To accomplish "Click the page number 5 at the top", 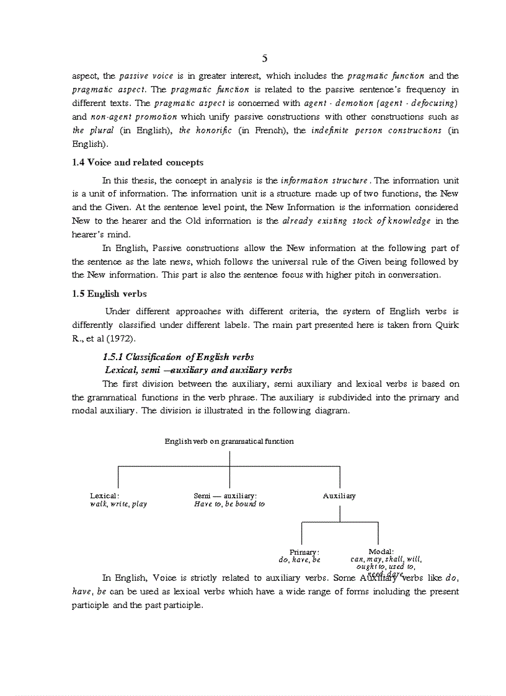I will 265,58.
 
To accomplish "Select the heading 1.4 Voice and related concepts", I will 138,162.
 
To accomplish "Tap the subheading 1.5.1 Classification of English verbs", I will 178,357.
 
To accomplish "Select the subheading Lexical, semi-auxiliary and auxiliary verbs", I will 198,370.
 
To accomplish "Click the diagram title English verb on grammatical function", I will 229,441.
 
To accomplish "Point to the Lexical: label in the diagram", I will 105,496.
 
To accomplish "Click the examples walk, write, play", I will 118,504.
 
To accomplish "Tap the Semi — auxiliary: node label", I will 225,496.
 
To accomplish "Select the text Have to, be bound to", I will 229,504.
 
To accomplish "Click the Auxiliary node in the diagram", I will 339,496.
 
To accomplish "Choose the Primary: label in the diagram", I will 304,552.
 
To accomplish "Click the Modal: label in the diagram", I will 381,552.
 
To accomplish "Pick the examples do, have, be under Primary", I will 300,560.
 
